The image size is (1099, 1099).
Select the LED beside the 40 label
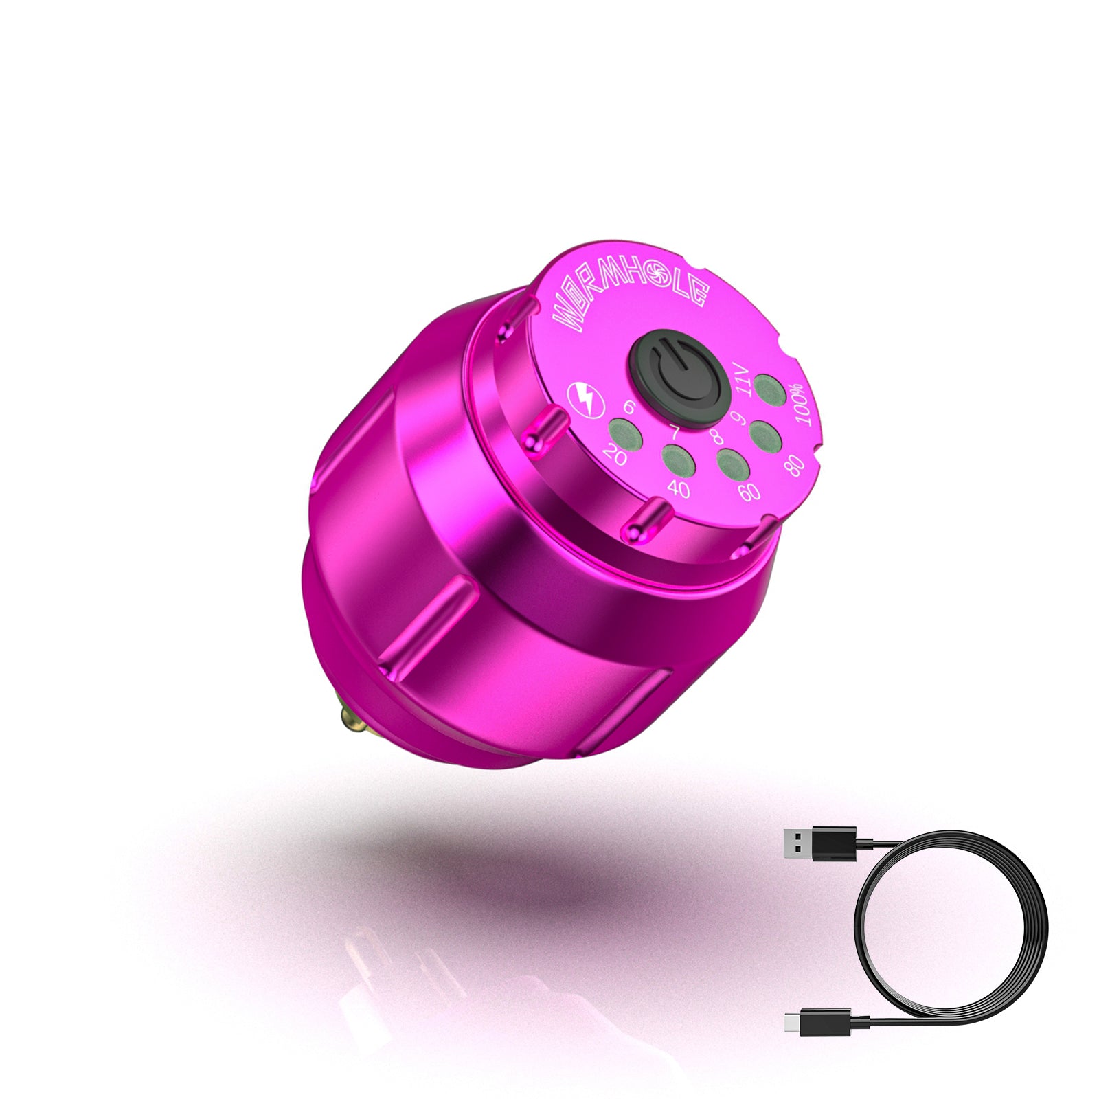click(x=678, y=460)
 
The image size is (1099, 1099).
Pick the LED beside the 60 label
click(x=733, y=463)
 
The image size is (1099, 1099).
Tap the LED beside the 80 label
click(x=762, y=434)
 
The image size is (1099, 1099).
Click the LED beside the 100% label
click(x=769, y=387)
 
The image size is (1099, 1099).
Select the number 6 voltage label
click(x=628, y=408)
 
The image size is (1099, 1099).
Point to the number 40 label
click(x=679, y=490)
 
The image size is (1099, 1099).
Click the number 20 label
click(x=615, y=455)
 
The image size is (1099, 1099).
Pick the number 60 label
click(x=749, y=492)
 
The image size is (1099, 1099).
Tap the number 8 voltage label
click(x=717, y=437)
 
